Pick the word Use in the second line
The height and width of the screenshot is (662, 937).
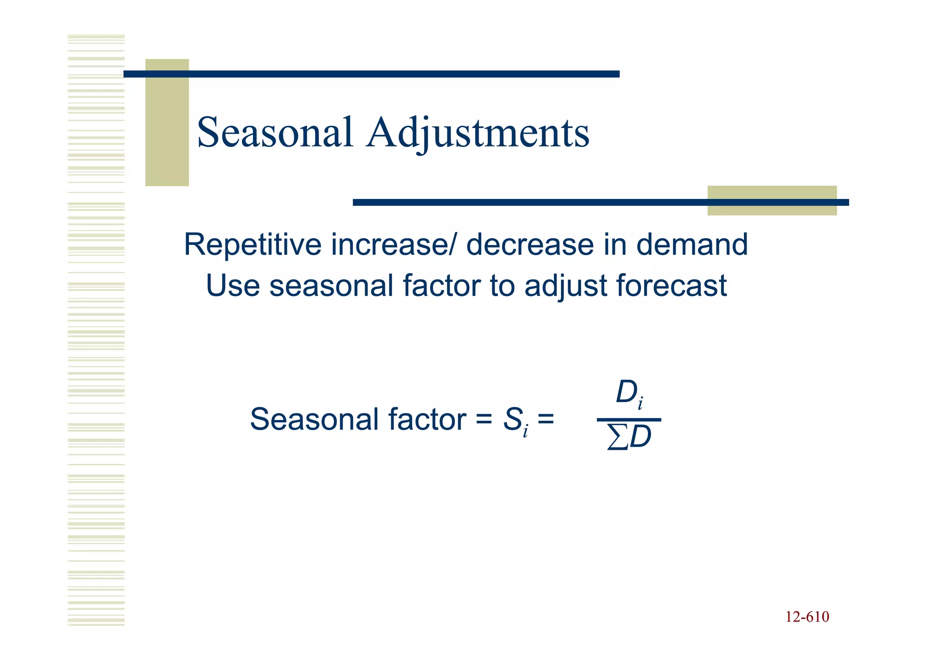[x=232, y=285]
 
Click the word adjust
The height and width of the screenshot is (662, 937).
[x=566, y=286]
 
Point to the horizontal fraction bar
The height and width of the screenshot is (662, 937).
[x=629, y=419]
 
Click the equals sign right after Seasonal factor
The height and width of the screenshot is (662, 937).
[x=484, y=419]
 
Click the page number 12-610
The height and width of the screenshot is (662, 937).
[x=807, y=617]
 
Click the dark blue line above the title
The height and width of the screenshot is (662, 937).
[x=372, y=74]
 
